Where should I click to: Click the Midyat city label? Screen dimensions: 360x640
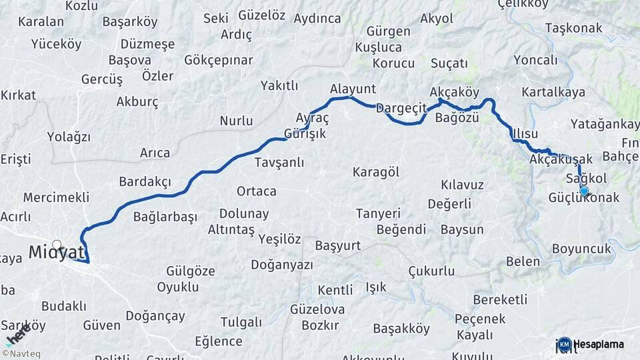pyautogui.click(x=57, y=252)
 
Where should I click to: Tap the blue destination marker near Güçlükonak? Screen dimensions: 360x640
pyautogui.click(x=584, y=191)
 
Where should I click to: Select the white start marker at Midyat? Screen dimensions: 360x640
pyautogui.click(x=57, y=245)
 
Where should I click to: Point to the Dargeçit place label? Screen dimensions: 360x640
pyautogui.click(x=400, y=107)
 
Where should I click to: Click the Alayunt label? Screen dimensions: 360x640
pyautogui.click(x=353, y=89)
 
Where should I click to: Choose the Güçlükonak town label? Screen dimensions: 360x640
pyautogui.click(x=584, y=198)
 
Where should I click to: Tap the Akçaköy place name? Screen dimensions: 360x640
pyautogui.click(x=455, y=91)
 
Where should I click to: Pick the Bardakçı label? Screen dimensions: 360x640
pyautogui.click(x=145, y=181)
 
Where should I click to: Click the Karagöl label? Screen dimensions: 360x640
pyautogui.click(x=376, y=172)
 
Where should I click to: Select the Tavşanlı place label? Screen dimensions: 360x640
pyautogui.click(x=279, y=162)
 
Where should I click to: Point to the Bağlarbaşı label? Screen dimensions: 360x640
pyautogui.click(x=165, y=217)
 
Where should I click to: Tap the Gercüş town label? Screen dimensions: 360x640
pyautogui.click(x=102, y=79)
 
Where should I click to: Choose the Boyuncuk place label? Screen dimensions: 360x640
pyautogui.click(x=581, y=249)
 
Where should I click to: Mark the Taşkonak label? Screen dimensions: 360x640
pyautogui.click(x=573, y=28)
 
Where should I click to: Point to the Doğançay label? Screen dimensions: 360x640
pyautogui.click(x=155, y=315)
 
